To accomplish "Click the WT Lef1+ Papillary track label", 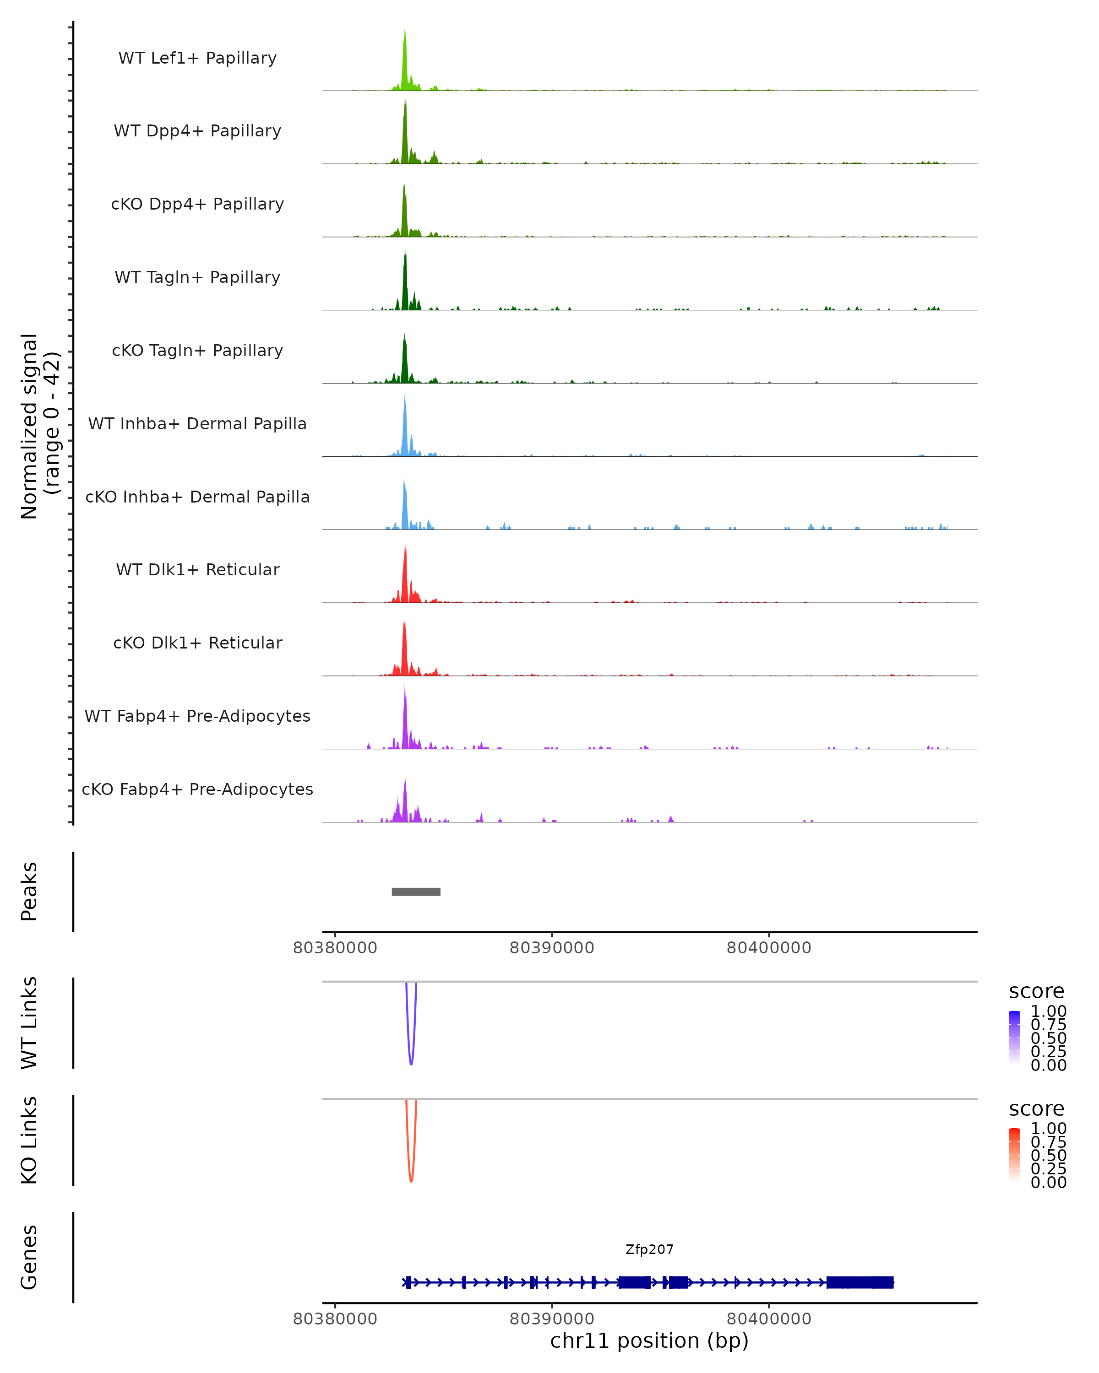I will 197,58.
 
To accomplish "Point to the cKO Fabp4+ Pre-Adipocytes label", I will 197,789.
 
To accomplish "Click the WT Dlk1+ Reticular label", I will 197,569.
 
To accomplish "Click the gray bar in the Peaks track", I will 416,892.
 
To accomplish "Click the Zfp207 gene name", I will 649,1249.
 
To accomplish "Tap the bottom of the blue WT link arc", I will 411,1064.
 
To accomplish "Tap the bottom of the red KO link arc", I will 411,1181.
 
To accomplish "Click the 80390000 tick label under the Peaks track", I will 552,948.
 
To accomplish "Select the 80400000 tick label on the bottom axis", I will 769,1319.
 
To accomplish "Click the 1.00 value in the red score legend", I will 1049,1129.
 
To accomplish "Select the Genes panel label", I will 29,1257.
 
